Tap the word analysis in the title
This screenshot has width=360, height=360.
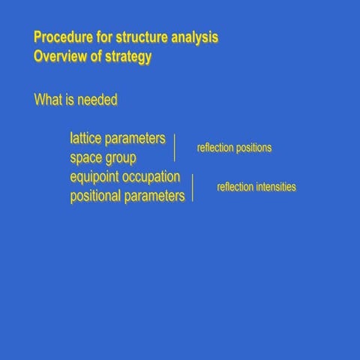(x=194, y=37)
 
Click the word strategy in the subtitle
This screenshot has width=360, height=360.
(x=128, y=57)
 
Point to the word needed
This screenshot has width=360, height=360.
(x=97, y=99)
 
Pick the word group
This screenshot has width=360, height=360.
(x=121, y=159)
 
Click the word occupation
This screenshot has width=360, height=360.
(x=153, y=178)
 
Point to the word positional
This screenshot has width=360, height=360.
(x=95, y=196)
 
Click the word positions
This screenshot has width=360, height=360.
(x=253, y=148)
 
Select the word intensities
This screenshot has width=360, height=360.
(x=276, y=187)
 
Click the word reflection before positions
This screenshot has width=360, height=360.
(x=215, y=148)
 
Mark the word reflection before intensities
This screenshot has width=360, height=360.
(x=235, y=187)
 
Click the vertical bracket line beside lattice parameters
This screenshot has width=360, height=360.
(x=175, y=148)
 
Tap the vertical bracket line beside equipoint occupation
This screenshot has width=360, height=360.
(x=193, y=187)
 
